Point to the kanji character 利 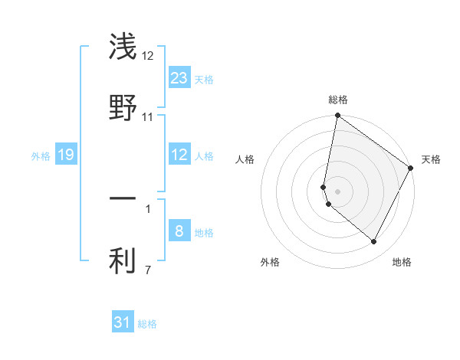tap(123, 262)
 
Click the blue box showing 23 tap(179, 78)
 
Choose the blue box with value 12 tap(179, 155)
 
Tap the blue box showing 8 tap(179, 231)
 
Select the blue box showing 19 tap(66, 155)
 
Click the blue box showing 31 tap(123, 322)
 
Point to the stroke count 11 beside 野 tap(147, 117)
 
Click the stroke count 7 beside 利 tap(147, 270)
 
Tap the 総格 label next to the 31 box tap(147, 324)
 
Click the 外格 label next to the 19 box tap(41, 156)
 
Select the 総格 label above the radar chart tap(337, 100)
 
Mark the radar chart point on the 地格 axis tap(374, 242)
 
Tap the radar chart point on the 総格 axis tap(337, 116)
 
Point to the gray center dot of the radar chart tap(337, 190)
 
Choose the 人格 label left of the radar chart tap(245, 159)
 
